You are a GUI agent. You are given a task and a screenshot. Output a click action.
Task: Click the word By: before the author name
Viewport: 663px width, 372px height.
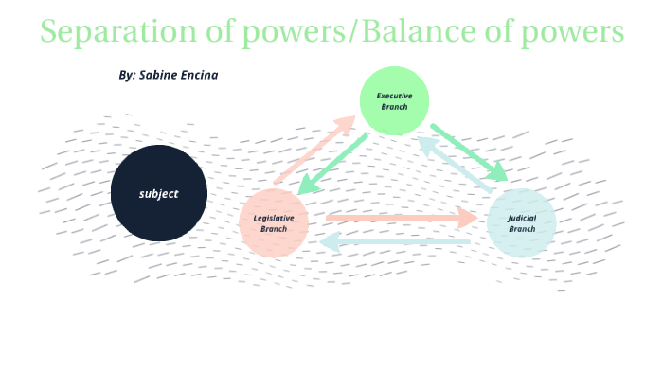[x=128, y=74]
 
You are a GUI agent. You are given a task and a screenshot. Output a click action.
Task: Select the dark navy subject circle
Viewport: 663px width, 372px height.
[x=159, y=193]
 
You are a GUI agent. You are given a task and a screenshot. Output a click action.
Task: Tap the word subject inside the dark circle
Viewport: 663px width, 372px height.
[x=159, y=193]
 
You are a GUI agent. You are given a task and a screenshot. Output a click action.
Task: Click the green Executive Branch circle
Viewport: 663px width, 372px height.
[x=394, y=100]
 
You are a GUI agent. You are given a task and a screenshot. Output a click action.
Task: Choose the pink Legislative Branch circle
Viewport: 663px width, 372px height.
[x=274, y=223]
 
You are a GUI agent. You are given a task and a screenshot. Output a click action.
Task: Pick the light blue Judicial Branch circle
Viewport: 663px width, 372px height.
[x=522, y=223]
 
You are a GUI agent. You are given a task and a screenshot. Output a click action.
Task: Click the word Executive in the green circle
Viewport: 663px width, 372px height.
[x=394, y=96]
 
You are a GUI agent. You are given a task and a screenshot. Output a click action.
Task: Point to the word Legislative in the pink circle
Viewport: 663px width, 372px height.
[x=274, y=218]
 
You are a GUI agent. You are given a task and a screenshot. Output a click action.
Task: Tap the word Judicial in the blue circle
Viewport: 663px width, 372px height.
[x=522, y=218]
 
